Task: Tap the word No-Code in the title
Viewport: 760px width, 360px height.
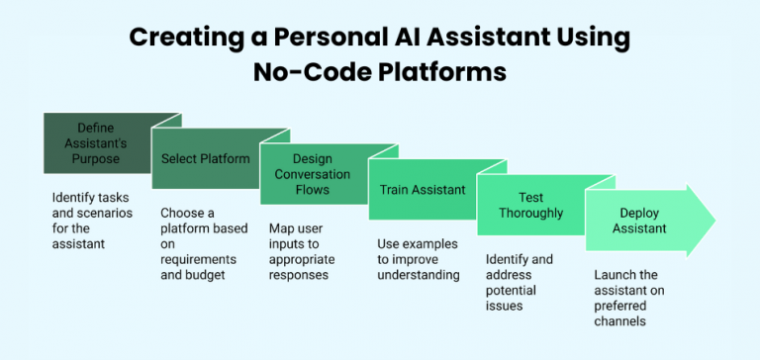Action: (x=300, y=72)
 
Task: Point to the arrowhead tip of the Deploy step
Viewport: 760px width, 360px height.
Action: (x=713, y=221)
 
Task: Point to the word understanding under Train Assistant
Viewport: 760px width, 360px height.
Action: (x=420, y=275)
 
